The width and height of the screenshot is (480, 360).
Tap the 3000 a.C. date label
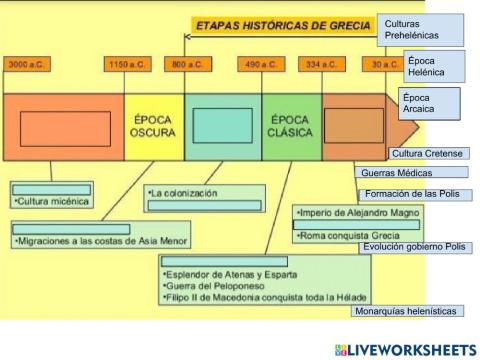coord(28,64)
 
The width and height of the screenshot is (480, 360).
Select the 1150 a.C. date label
coord(128,64)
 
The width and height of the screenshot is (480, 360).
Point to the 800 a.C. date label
coord(188,64)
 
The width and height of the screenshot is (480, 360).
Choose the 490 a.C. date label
coord(261,64)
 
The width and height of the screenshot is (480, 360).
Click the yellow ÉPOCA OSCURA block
coord(154,126)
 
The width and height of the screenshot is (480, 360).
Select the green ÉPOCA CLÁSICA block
coord(291,126)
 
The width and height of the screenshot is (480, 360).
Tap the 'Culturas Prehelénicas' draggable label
coord(421,29)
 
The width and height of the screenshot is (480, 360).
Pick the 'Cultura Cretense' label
coord(427,153)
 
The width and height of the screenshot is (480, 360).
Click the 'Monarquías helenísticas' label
coord(405,311)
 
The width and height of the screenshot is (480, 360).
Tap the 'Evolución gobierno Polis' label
coord(413,246)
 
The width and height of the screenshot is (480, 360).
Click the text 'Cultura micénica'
coord(54,201)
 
